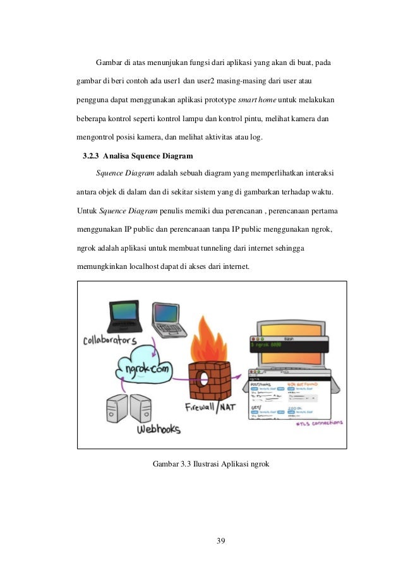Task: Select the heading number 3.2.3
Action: [x=92, y=155]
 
